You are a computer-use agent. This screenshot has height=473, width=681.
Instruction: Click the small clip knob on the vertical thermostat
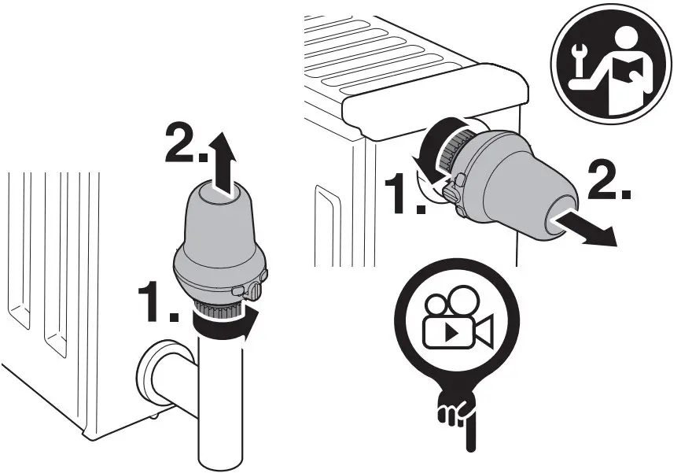(x=255, y=291)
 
